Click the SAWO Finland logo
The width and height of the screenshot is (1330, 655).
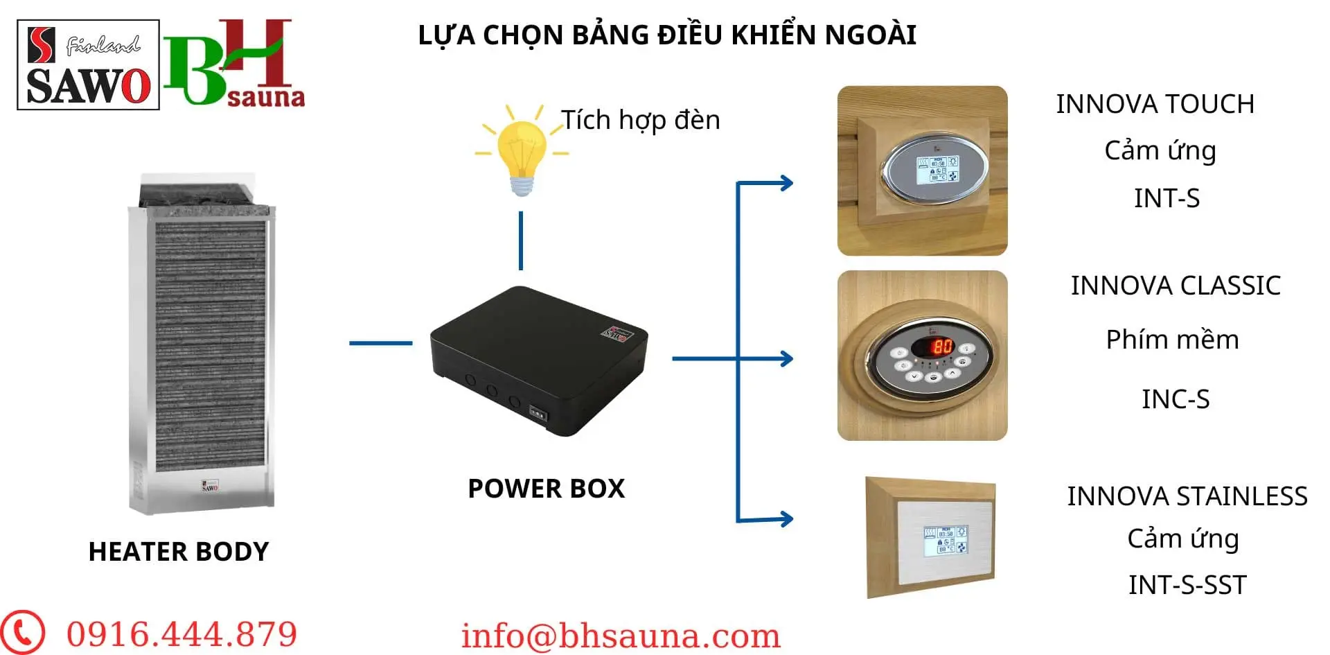click(88, 64)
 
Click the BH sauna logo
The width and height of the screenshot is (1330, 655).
click(234, 63)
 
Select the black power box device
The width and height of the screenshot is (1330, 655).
click(539, 360)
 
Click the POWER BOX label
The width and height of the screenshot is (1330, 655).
click(547, 489)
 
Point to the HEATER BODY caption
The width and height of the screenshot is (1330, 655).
click(179, 552)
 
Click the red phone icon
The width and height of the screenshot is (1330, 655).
click(22, 632)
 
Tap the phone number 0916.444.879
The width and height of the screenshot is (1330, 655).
click(181, 634)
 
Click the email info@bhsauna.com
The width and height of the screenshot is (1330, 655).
click(621, 636)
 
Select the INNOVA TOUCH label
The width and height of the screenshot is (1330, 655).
click(1155, 104)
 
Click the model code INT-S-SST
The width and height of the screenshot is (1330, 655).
click(1187, 585)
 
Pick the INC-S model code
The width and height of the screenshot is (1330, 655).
click(1176, 399)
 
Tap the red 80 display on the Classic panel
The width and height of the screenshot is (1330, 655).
click(942, 345)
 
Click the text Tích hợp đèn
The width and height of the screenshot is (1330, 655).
click(641, 121)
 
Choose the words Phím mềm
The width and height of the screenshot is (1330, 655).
click(1172, 340)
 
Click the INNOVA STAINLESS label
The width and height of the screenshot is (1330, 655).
click(1187, 496)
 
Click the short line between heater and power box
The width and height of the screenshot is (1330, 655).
click(381, 342)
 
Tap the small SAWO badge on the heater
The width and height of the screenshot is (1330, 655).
click(210, 485)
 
